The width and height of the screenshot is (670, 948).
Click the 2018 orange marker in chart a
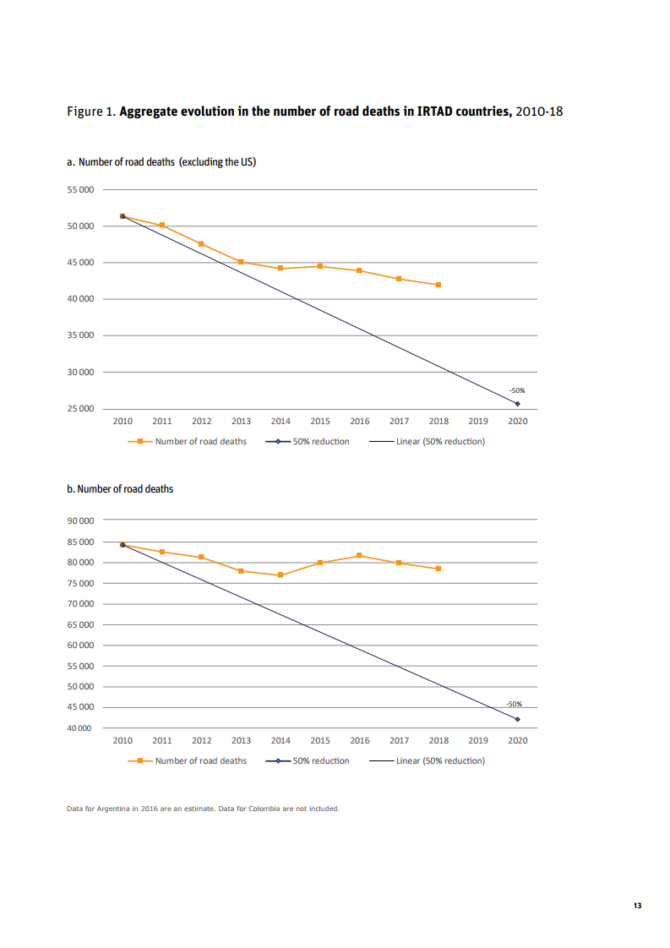pyautogui.click(x=438, y=285)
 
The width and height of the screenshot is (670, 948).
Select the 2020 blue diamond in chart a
pyautogui.click(x=518, y=404)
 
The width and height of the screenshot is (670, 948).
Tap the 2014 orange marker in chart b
pyautogui.click(x=281, y=575)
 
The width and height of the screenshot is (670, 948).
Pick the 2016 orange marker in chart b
pyautogui.click(x=360, y=555)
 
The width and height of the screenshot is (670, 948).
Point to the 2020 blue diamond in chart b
pyautogui.click(x=518, y=719)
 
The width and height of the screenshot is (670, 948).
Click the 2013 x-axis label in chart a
pyautogui.click(x=241, y=421)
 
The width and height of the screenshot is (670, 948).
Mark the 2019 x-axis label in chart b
pyautogui.click(x=478, y=740)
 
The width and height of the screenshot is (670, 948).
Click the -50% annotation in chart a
pyautogui.click(x=517, y=390)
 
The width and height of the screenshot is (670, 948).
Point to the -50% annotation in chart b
pyautogui.click(x=514, y=704)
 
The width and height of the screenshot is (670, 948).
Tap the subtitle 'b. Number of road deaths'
pyautogui.click(x=120, y=488)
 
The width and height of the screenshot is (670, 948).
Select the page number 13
pyautogui.click(x=637, y=907)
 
